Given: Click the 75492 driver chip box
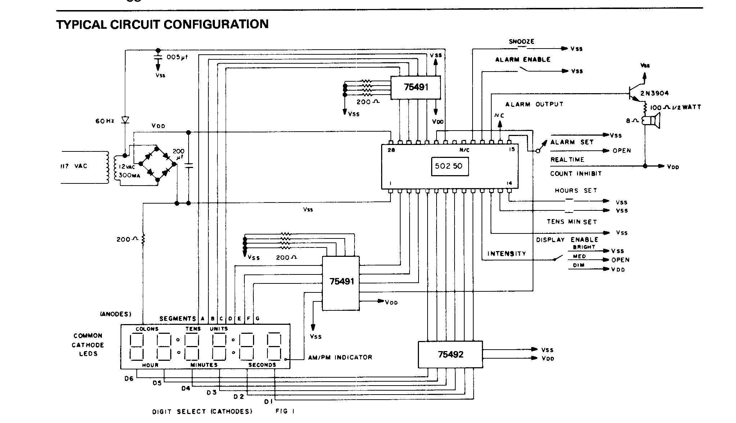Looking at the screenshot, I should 450,354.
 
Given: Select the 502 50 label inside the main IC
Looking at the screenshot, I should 450,167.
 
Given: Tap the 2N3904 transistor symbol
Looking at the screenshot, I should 632,93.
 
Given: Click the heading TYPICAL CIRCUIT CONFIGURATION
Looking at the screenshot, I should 162,24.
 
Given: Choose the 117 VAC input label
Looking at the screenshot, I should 74,166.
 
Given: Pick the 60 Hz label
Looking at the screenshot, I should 104,121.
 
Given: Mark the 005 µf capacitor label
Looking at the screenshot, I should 177,57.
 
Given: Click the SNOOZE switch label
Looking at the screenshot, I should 521,41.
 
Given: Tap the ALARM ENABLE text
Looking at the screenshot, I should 523,60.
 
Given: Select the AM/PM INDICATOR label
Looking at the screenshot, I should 340,357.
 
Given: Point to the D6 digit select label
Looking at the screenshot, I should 129,378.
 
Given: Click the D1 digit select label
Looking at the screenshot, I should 268,401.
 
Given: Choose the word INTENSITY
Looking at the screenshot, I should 507,254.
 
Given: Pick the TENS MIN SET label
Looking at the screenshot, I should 572,222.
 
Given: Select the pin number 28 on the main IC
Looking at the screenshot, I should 391,150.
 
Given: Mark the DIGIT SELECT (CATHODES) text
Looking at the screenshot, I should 202,411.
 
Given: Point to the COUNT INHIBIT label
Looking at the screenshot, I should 576,173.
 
